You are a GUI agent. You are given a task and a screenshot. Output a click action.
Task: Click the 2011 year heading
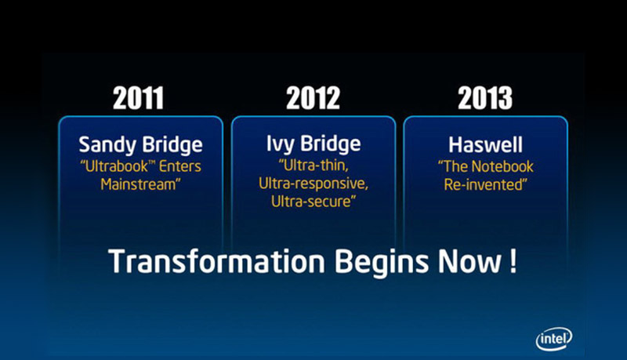click(x=138, y=98)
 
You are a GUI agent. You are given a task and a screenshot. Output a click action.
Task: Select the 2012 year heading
click(x=313, y=98)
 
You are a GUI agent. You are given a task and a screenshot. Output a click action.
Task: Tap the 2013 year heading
click(x=485, y=98)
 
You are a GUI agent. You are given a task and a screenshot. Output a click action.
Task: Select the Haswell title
click(x=485, y=145)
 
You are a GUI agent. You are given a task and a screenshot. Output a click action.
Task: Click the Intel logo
click(x=554, y=339)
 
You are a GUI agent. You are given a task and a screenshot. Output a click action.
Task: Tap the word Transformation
click(x=216, y=262)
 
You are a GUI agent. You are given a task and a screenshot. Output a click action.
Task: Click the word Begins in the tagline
click(x=382, y=264)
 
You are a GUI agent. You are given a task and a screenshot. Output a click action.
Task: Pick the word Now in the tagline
click(x=469, y=262)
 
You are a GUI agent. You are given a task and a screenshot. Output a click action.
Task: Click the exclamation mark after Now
click(x=513, y=262)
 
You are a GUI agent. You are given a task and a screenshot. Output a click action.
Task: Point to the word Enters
click(x=180, y=166)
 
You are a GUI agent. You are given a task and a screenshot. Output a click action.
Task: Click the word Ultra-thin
click(x=313, y=165)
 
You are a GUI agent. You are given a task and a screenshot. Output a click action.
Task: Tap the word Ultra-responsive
click(x=313, y=184)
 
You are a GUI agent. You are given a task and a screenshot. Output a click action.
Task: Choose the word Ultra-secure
click(x=313, y=202)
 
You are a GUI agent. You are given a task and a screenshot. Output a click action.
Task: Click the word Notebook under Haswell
click(x=504, y=166)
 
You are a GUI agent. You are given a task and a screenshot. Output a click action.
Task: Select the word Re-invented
click(x=485, y=185)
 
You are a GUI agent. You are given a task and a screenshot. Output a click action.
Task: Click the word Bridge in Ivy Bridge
click(x=331, y=144)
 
